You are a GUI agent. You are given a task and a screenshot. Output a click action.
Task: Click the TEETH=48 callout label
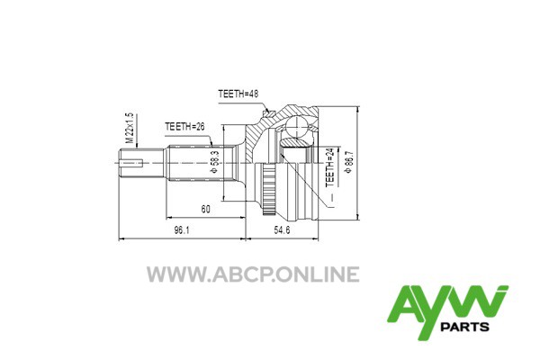tap(238, 94)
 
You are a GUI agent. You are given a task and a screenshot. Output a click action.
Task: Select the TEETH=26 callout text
tap(184, 126)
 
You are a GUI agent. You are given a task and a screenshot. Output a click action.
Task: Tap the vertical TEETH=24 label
tap(330, 167)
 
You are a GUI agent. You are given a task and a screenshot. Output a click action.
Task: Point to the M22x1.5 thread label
tap(129, 128)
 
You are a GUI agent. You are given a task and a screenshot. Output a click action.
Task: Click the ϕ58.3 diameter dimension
tap(214, 162)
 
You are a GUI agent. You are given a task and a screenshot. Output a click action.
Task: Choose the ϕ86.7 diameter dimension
tap(349, 162)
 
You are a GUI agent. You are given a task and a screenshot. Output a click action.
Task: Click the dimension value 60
tap(205, 209)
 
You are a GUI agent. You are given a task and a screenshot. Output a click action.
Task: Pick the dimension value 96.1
tap(182, 230)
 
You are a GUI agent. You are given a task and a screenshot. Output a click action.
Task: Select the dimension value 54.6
tap(282, 230)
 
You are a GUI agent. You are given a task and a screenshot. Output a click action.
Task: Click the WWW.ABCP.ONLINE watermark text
tap(253, 274)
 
